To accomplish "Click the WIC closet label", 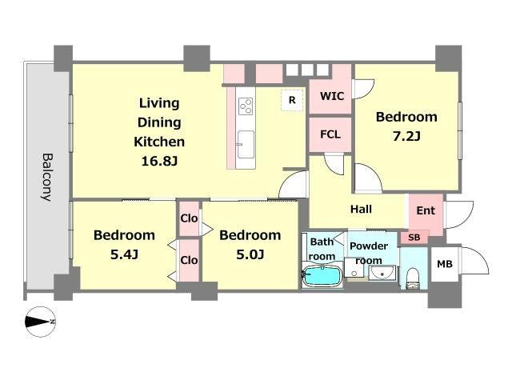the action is (x=332, y=96).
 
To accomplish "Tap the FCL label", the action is (x=330, y=134).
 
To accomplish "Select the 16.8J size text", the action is (x=159, y=161).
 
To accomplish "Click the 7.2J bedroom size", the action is (x=406, y=136).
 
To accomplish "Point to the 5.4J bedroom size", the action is (x=125, y=254).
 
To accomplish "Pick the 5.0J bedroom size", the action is (x=250, y=254).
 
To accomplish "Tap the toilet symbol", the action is (x=414, y=278).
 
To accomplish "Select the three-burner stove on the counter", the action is (x=246, y=106).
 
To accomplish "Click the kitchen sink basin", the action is (x=246, y=144).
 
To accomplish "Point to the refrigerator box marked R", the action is (x=292, y=100).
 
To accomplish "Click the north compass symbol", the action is (x=40, y=322).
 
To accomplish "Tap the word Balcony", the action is (x=46, y=178).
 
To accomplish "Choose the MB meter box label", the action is (x=445, y=264).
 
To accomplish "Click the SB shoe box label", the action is (x=414, y=238).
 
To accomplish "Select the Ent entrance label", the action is (x=426, y=210).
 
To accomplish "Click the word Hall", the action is (x=361, y=209).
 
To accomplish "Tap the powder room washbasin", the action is (x=382, y=273).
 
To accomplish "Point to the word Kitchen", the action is (x=159, y=142).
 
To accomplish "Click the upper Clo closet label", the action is (x=189, y=218).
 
